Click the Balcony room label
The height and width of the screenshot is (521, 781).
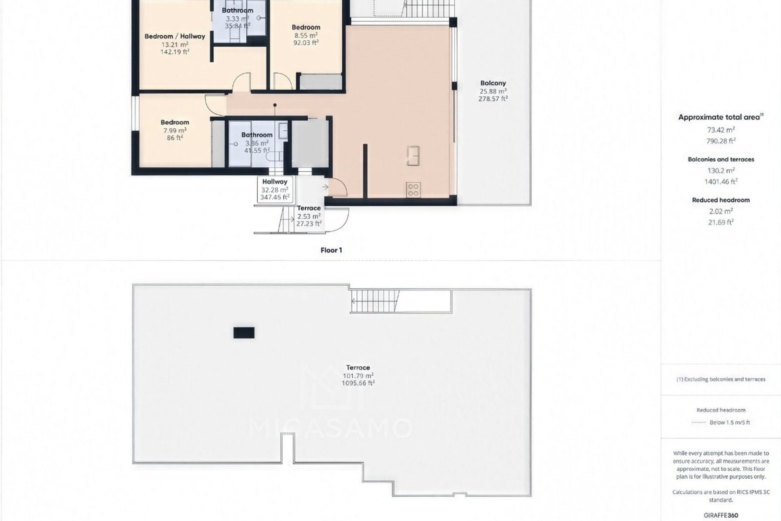pos(493,83)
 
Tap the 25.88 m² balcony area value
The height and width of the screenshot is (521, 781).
pos(493,91)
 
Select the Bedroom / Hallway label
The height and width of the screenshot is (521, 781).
pos(175,36)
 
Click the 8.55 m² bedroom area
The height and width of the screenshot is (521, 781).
pos(306,35)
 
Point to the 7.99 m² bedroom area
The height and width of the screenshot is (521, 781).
pos(175,130)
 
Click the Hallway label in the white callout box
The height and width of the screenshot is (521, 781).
pos(275,182)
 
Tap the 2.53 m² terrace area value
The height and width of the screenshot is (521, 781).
pos(309,216)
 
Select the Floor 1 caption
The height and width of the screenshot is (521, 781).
pos(331,250)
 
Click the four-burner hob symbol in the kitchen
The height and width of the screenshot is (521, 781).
pos(413,190)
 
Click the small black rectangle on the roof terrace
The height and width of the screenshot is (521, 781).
pos(244,333)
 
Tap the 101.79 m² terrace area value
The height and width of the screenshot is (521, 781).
pos(358,376)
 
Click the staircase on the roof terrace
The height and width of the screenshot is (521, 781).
pos(374,301)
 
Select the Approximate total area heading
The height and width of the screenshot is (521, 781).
pos(719,117)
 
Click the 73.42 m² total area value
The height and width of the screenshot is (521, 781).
pos(721,130)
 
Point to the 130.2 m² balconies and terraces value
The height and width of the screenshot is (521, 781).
pos(721,171)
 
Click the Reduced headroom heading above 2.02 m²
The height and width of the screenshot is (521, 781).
pos(721,200)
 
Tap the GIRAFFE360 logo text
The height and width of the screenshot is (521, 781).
pos(721,515)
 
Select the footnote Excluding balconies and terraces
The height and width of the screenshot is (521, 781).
pos(721,379)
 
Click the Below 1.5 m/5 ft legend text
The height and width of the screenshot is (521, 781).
pos(730,422)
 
